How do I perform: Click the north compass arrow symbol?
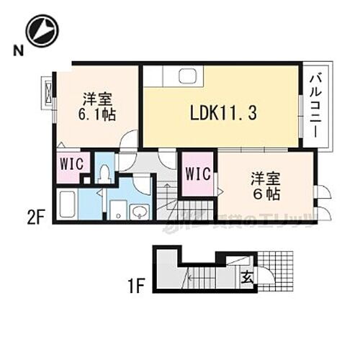[x=42, y=30]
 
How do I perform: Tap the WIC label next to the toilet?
[x=71, y=163]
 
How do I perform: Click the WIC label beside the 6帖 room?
[x=197, y=174]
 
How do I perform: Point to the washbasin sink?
[x=140, y=210]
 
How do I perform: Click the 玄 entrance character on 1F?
[x=246, y=274]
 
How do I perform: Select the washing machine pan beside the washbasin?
[x=116, y=210]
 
